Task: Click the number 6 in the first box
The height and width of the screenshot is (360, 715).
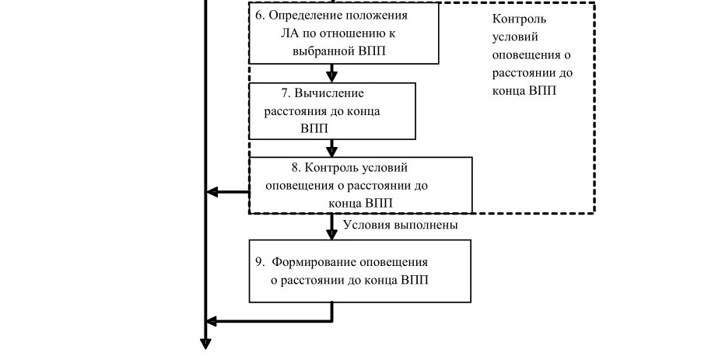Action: [259, 15]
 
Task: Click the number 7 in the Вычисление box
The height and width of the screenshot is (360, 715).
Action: [286, 93]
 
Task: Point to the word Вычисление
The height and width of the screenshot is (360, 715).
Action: [329, 93]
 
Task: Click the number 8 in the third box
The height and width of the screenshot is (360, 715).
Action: [296, 168]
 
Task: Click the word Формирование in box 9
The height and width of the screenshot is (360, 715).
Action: [314, 263]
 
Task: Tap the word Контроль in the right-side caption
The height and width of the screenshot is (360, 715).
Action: [519, 19]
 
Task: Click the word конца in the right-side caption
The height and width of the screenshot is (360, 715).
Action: [509, 91]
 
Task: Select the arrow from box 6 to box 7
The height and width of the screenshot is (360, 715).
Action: [332, 73]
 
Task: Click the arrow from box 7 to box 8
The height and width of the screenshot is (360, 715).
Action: [332, 148]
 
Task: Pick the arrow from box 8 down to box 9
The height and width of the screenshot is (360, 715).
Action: [332, 226]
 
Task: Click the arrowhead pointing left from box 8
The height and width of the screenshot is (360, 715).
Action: [212, 192]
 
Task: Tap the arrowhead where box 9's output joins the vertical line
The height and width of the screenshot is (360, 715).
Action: [212, 321]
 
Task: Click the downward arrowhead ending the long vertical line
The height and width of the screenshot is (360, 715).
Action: [205, 344]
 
